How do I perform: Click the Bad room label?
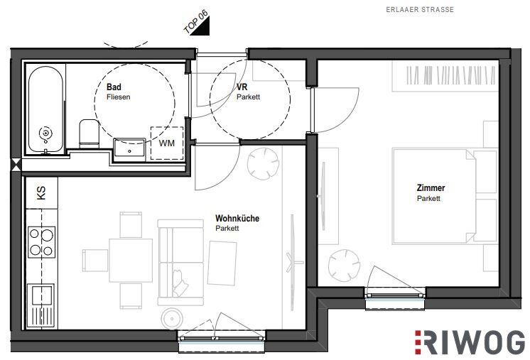pyautogui.click(x=114, y=87)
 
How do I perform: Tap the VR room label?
pyautogui.click(x=242, y=87)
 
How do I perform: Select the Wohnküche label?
pyautogui.click(x=237, y=218)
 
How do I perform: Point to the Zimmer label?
pyautogui.click(x=431, y=187)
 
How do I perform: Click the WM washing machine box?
pyautogui.click(x=167, y=143)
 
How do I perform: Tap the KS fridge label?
pyautogui.click(x=41, y=193)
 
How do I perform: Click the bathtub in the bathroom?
pyautogui.click(x=45, y=109)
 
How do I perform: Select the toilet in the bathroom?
pyautogui.click(x=90, y=133)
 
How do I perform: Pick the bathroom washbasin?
pyautogui.click(x=129, y=148)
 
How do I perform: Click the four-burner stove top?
pyautogui.click(x=42, y=242)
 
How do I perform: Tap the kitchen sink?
pyautogui.click(x=42, y=306)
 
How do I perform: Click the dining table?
pyautogui.click(x=131, y=261)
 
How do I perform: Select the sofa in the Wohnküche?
pyautogui.click(x=181, y=263)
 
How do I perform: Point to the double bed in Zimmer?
pyautogui.click(x=445, y=196)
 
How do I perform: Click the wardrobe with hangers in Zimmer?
pyautogui.click(x=445, y=76)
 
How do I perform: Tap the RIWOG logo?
pyautogui.click(x=470, y=342)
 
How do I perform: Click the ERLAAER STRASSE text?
pyautogui.click(x=420, y=9)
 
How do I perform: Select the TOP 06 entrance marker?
pyautogui.click(x=197, y=23)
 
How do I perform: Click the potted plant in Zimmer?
pyautogui.click(x=344, y=266)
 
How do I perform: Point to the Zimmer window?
pyautogui.click(x=395, y=298)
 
